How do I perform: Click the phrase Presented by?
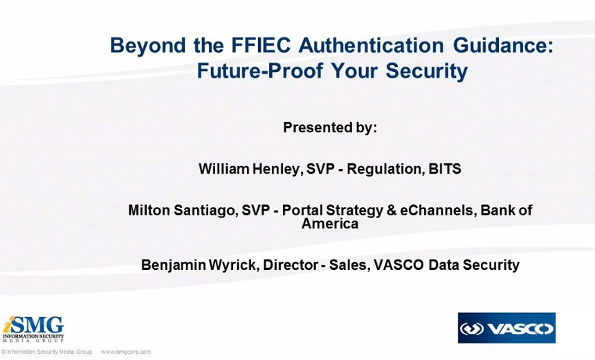pyautogui.click(x=330, y=128)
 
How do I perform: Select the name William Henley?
pyautogui.click(x=248, y=169)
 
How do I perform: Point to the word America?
pyautogui.click(x=330, y=224)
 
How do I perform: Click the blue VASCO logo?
pyautogui.click(x=506, y=328)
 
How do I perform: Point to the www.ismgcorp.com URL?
pyautogui.click(x=125, y=352)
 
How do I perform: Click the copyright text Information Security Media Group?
pyautogui.click(x=49, y=352)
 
